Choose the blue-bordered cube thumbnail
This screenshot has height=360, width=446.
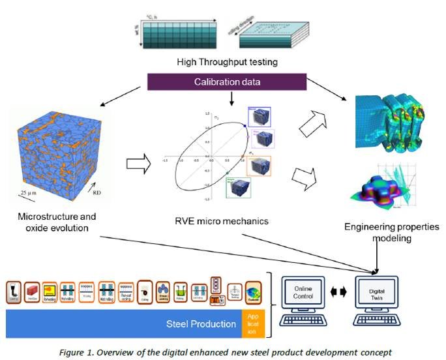[x=259, y=117]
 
